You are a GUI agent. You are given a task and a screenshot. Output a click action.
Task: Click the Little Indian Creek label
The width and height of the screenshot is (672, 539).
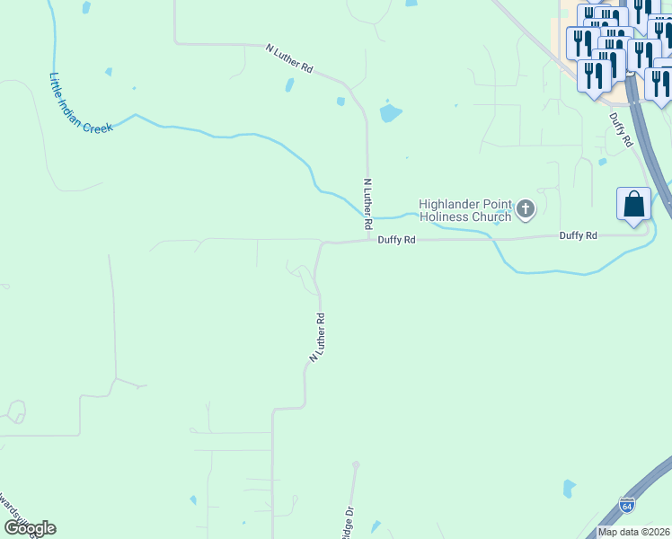click(81, 102)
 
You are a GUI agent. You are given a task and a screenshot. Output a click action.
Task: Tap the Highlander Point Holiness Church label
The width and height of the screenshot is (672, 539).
click(465, 210)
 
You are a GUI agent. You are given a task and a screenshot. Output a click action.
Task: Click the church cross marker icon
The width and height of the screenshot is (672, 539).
click(526, 210)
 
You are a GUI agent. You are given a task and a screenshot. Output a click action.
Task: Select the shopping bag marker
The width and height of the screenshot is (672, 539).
click(633, 204)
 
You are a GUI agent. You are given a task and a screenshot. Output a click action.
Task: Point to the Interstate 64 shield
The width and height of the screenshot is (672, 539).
click(627, 505)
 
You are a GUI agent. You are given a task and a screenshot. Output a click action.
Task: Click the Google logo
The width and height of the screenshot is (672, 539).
click(30, 528)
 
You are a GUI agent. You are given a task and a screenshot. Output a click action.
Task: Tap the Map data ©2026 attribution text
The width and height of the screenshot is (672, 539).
click(632, 532)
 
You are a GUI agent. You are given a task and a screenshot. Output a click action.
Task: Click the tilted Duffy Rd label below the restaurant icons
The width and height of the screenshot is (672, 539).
click(621, 129)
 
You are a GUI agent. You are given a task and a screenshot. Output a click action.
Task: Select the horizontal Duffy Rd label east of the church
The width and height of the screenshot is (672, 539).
click(578, 235)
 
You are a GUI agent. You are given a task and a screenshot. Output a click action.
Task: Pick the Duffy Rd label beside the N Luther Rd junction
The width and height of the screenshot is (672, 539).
click(396, 240)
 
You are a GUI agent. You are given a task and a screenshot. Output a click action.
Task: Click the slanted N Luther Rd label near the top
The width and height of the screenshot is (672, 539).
click(289, 58)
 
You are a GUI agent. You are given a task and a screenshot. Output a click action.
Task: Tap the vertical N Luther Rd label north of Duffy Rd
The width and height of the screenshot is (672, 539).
click(367, 201)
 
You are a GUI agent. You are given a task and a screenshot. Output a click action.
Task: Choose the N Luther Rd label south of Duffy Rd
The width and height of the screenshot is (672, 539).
click(316, 337)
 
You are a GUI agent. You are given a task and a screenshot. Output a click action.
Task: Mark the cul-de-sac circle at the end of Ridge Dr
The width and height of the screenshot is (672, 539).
click(356, 465)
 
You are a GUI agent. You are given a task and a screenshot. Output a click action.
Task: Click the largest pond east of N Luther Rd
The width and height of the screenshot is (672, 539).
click(391, 112)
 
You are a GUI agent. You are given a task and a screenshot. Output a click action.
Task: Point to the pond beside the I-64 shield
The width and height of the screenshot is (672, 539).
click(569, 489)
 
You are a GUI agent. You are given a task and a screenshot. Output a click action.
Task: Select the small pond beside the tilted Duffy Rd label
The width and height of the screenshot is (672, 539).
click(602, 162)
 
